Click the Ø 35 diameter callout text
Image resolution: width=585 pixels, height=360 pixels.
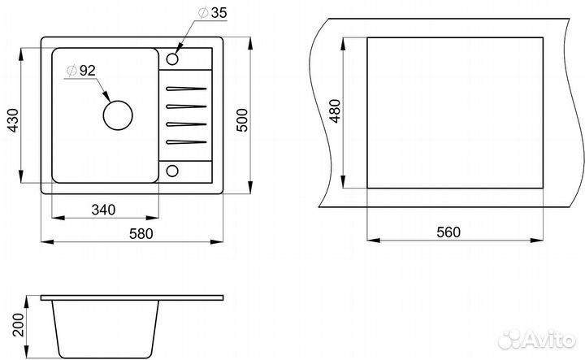(212, 13)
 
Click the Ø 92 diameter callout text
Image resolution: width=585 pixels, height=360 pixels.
(81, 71)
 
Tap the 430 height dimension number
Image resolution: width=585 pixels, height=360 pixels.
(13, 119)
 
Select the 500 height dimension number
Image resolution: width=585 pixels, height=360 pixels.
(242, 119)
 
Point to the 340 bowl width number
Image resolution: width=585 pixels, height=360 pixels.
(103, 210)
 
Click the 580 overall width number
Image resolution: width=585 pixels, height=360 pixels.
(141, 233)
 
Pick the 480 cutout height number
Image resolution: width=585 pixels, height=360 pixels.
(336, 111)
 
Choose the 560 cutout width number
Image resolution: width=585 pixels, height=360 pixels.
(448, 232)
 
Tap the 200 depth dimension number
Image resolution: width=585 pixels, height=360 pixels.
(18, 324)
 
